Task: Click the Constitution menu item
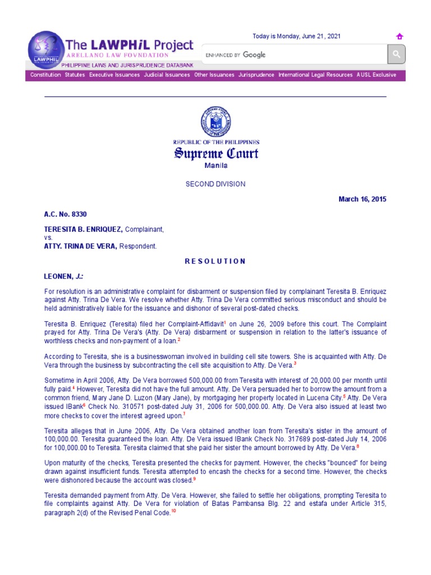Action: pos(45,75)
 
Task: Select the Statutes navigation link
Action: pos(75,75)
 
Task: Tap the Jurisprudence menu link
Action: pos(256,75)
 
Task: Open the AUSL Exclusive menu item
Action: pos(376,75)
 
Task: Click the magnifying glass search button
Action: pos(396,54)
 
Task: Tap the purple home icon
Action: pos(400,36)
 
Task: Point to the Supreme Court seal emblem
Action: pos(215,122)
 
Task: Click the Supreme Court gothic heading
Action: pos(215,154)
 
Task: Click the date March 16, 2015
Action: pos(362,199)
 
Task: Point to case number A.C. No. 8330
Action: pos(65,215)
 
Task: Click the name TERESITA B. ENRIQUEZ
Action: pos(83,230)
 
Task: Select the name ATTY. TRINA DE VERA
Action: pos(80,246)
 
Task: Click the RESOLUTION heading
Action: pos(215,261)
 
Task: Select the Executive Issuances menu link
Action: pos(114,75)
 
